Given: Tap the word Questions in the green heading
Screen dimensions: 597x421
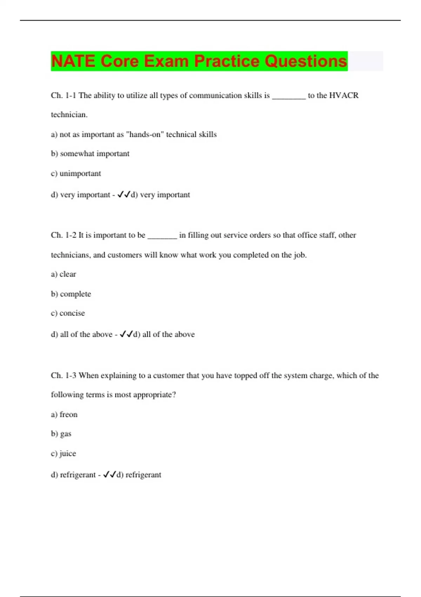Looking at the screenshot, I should point(306,61).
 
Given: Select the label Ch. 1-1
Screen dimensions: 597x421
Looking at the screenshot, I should point(64,96).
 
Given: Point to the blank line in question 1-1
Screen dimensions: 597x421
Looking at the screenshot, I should point(289,98).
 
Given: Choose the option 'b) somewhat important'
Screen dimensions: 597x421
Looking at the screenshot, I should point(90,154).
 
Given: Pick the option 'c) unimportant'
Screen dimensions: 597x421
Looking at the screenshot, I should point(76,173).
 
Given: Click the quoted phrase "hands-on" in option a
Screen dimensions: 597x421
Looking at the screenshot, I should point(145,135).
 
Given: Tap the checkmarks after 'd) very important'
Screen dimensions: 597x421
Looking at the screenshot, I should point(123,195).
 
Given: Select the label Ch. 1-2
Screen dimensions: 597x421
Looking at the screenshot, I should point(64,235).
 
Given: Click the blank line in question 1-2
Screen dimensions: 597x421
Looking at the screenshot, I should point(162,237).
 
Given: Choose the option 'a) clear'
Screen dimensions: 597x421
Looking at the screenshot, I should point(64,274).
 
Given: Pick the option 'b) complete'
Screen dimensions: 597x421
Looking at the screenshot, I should point(71,294).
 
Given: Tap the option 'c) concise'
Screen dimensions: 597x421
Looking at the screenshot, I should point(68,313).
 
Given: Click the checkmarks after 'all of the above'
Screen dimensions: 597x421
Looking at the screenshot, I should point(126,334).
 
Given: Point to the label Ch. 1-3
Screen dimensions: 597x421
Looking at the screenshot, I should point(64,375).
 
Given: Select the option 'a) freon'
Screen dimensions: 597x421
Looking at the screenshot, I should point(64,415).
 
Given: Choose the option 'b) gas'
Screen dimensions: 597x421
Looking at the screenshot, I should point(61,434).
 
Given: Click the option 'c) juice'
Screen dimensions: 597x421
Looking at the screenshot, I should point(64,454).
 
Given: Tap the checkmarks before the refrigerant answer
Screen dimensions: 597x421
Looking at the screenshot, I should point(109,475).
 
